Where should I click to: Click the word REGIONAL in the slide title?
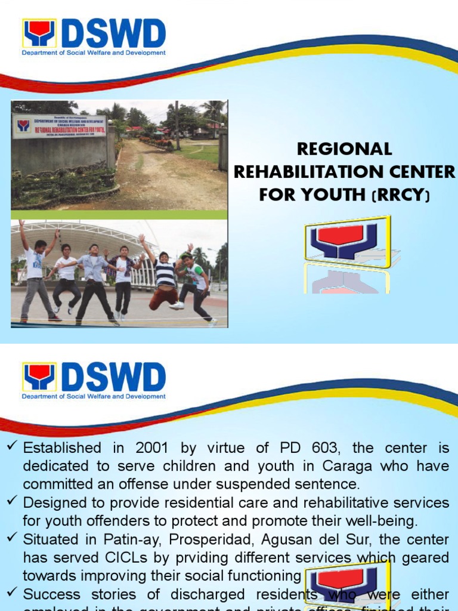click(x=344, y=149)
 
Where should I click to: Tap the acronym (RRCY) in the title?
click(x=402, y=195)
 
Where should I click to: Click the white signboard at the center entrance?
click(x=60, y=126)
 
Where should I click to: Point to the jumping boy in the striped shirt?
click(x=165, y=274)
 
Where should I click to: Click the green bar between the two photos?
click(x=119, y=215)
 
